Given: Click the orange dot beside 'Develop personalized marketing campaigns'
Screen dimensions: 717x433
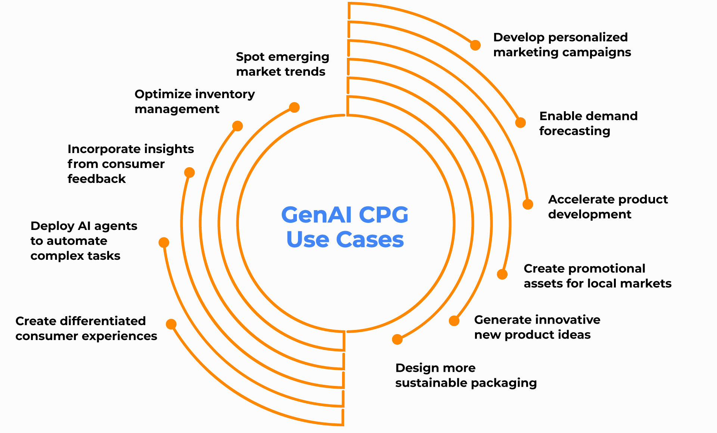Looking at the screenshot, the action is [475, 45].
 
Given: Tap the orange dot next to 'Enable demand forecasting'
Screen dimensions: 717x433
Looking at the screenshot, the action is [521, 122].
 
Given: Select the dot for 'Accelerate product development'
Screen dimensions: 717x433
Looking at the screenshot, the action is [528, 204].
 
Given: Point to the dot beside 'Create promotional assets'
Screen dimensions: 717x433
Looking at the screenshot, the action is [502, 274].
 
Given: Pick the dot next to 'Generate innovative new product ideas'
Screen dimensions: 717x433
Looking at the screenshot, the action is [454, 321].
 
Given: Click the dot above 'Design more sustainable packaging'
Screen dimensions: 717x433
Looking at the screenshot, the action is [397, 339].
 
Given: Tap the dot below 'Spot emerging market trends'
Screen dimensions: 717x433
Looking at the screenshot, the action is [295, 108].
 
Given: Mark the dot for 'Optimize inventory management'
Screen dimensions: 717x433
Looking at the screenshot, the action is [238, 126].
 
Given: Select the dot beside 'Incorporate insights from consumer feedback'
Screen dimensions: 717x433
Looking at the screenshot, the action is [189, 172].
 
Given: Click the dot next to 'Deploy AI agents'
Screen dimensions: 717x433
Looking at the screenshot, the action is [164, 243].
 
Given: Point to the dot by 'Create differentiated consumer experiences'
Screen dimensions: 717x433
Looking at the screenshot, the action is [171, 324].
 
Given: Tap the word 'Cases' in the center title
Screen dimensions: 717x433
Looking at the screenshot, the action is [370, 240].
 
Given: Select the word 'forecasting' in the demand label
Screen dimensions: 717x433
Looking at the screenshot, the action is [575, 131].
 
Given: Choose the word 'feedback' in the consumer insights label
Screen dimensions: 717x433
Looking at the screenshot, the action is [97, 179].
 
